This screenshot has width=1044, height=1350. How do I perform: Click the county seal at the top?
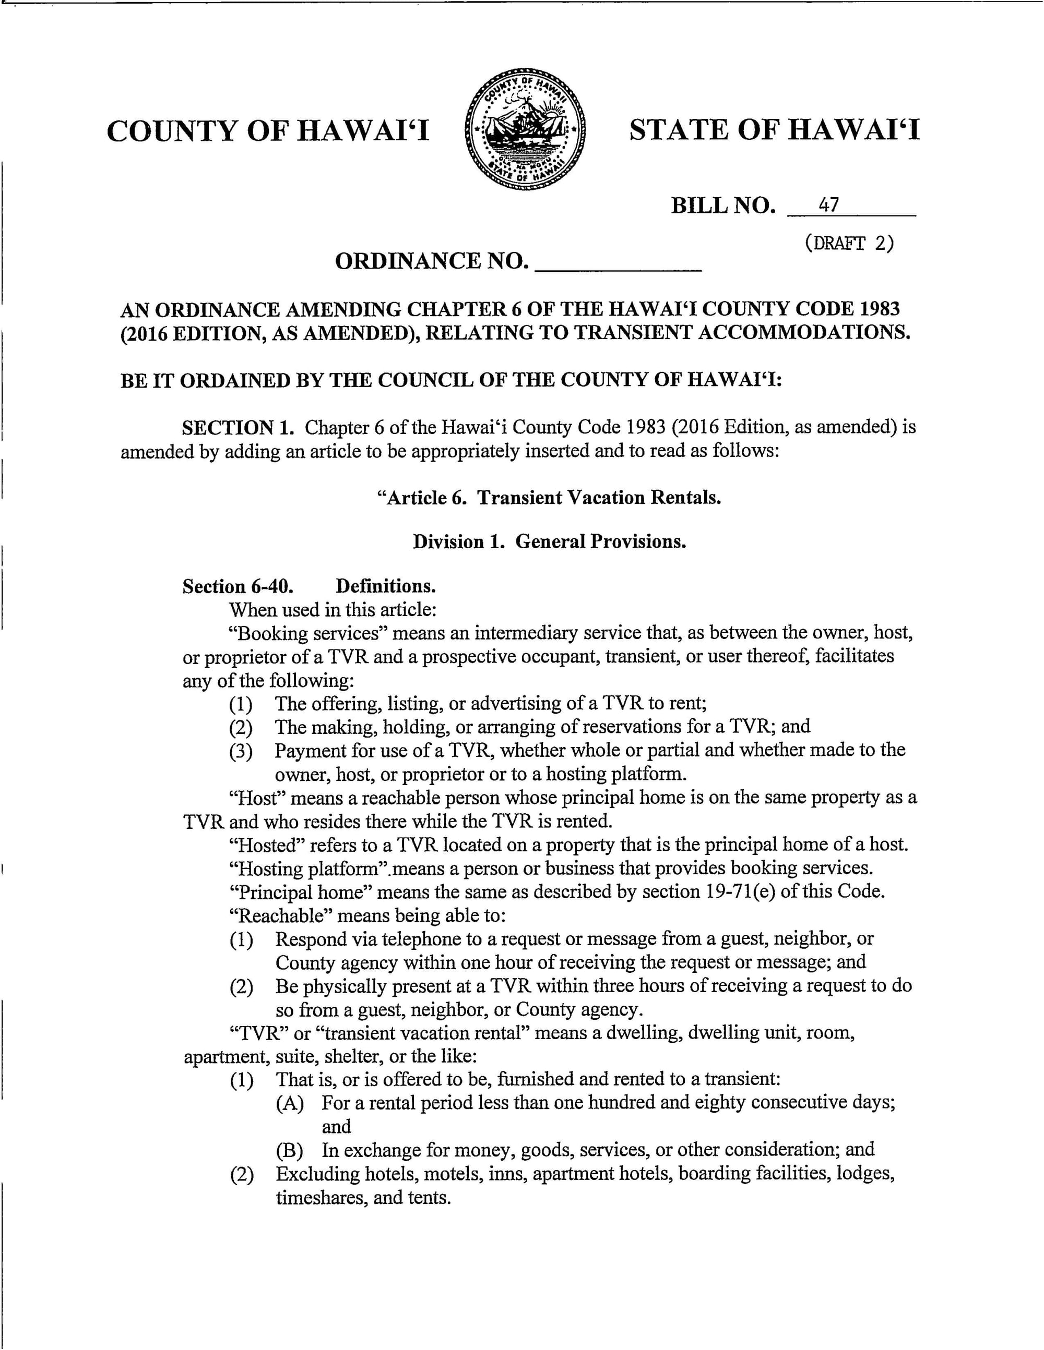[x=525, y=129]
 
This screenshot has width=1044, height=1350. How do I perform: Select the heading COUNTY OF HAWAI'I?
[x=268, y=131]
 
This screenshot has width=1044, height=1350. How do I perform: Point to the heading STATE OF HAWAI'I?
[x=774, y=130]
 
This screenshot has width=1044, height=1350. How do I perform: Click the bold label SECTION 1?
[x=237, y=428]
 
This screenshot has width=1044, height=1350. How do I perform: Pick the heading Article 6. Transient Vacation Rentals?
[x=549, y=498]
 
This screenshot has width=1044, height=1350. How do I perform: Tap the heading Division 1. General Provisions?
[x=549, y=541]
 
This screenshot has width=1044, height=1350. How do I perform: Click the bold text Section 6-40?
[x=238, y=586]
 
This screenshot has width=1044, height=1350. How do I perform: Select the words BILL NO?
[x=722, y=205]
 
